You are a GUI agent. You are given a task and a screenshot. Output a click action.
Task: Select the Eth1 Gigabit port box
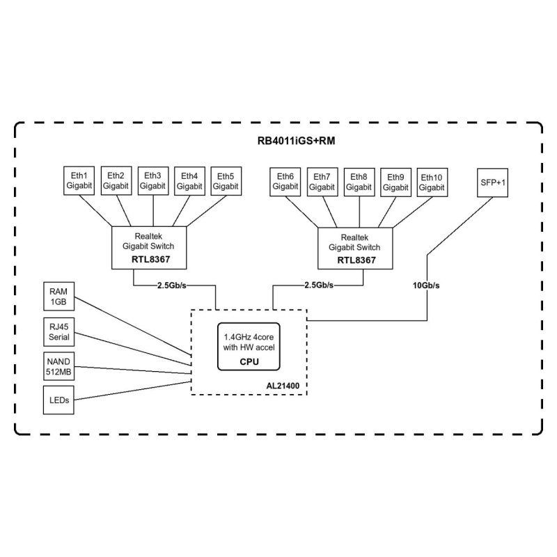click(x=78, y=181)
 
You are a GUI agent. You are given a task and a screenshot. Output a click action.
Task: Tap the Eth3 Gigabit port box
click(x=152, y=181)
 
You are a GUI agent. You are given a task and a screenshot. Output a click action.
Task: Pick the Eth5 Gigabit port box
click(x=226, y=181)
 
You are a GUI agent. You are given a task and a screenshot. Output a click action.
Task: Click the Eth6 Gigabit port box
click(x=285, y=182)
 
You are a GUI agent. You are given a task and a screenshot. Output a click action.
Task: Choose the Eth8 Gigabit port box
click(x=359, y=182)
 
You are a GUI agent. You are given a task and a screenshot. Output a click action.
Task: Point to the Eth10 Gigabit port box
click(x=432, y=182)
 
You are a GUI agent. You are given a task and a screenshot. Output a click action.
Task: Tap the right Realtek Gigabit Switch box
click(x=359, y=247)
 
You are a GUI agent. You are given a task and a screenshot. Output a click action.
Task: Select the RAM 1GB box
click(x=58, y=296)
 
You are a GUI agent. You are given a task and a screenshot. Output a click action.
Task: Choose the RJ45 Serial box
click(x=58, y=331)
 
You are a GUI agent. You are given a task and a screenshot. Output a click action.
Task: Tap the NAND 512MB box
click(x=58, y=366)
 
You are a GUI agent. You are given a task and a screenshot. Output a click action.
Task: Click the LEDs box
click(x=58, y=401)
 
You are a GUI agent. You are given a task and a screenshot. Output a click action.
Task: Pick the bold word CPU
click(x=249, y=361)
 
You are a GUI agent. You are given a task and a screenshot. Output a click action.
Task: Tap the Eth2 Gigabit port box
click(x=116, y=181)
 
